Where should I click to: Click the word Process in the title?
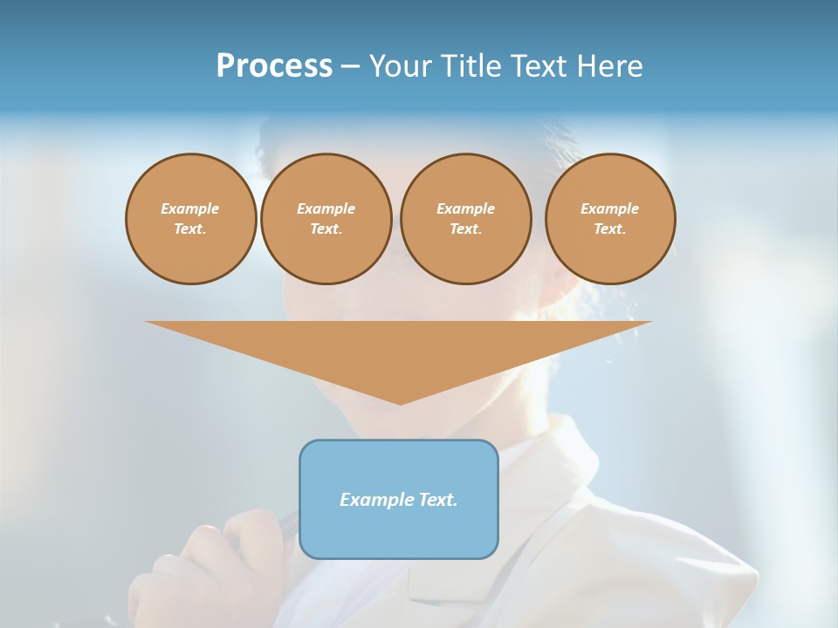click(x=274, y=66)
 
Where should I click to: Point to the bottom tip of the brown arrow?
click(x=400, y=403)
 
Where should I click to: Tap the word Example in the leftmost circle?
click(x=190, y=209)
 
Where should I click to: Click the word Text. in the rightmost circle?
click(x=610, y=229)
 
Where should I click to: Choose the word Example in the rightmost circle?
click(x=610, y=209)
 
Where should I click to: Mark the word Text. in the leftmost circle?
click(x=190, y=229)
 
